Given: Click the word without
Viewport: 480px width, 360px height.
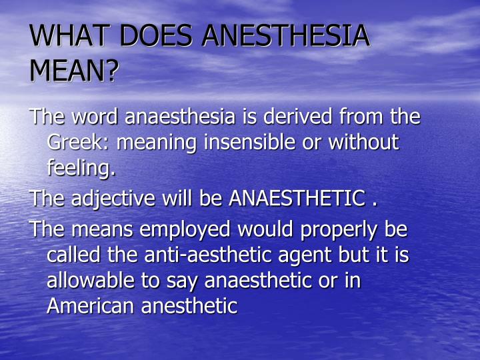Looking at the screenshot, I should coord(366,143).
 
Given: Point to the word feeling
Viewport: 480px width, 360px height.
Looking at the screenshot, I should coord(81,169).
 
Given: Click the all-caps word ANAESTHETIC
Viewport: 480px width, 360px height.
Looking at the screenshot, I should coord(297,199).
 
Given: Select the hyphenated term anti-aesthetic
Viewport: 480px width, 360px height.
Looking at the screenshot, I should coord(194,255).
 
